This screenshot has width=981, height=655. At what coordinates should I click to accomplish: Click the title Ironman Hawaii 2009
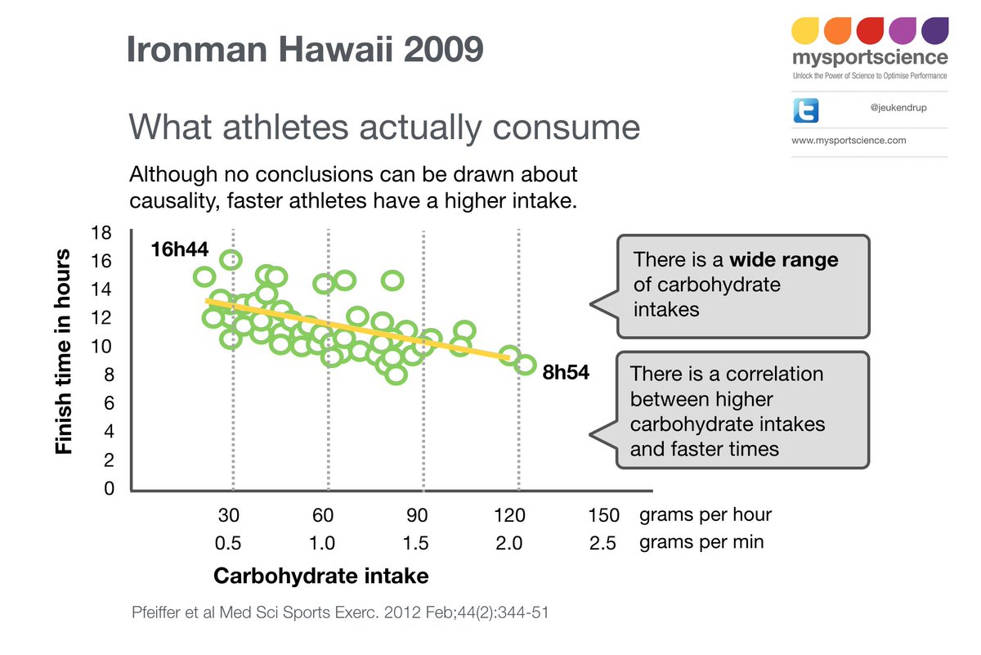point(304,50)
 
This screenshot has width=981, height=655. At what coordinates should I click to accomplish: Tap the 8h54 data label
point(566,372)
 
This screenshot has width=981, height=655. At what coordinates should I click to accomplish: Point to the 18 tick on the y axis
point(101,232)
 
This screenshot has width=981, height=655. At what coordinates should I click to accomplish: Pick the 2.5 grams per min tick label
point(602,543)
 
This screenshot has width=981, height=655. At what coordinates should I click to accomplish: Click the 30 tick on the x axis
point(228,516)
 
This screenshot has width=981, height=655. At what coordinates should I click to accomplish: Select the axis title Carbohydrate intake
point(320,576)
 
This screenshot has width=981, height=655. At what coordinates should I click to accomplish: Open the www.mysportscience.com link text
point(849,141)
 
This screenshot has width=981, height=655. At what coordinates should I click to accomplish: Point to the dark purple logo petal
point(934,30)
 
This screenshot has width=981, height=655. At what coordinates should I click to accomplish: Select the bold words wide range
point(783,260)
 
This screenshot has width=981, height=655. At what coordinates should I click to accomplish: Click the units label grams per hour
point(705,515)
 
